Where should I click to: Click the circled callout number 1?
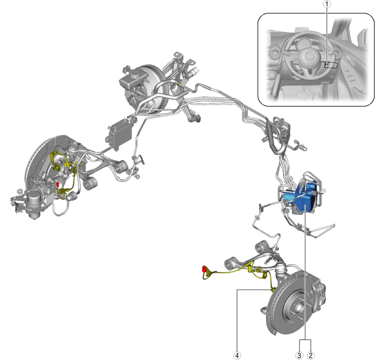click(x=327, y=4)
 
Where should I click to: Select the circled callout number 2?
click(x=311, y=355)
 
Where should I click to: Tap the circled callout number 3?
click(x=299, y=355)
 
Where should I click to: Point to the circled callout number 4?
click(x=237, y=355)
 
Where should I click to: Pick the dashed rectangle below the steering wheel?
click(x=331, y=65)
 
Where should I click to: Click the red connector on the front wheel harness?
click(x=204, y=269)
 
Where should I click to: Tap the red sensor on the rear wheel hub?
click(x=57, y=185)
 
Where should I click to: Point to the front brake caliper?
click(x=319, y=294)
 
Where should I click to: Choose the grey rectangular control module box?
click(x=120, y=133)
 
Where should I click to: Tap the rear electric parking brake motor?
click(x=34, y=203)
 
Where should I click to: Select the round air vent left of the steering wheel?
click(x=274, y=55)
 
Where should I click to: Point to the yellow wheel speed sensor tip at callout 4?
click(x=272, y=290)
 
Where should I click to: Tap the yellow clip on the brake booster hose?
click(x=179, y=83)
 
